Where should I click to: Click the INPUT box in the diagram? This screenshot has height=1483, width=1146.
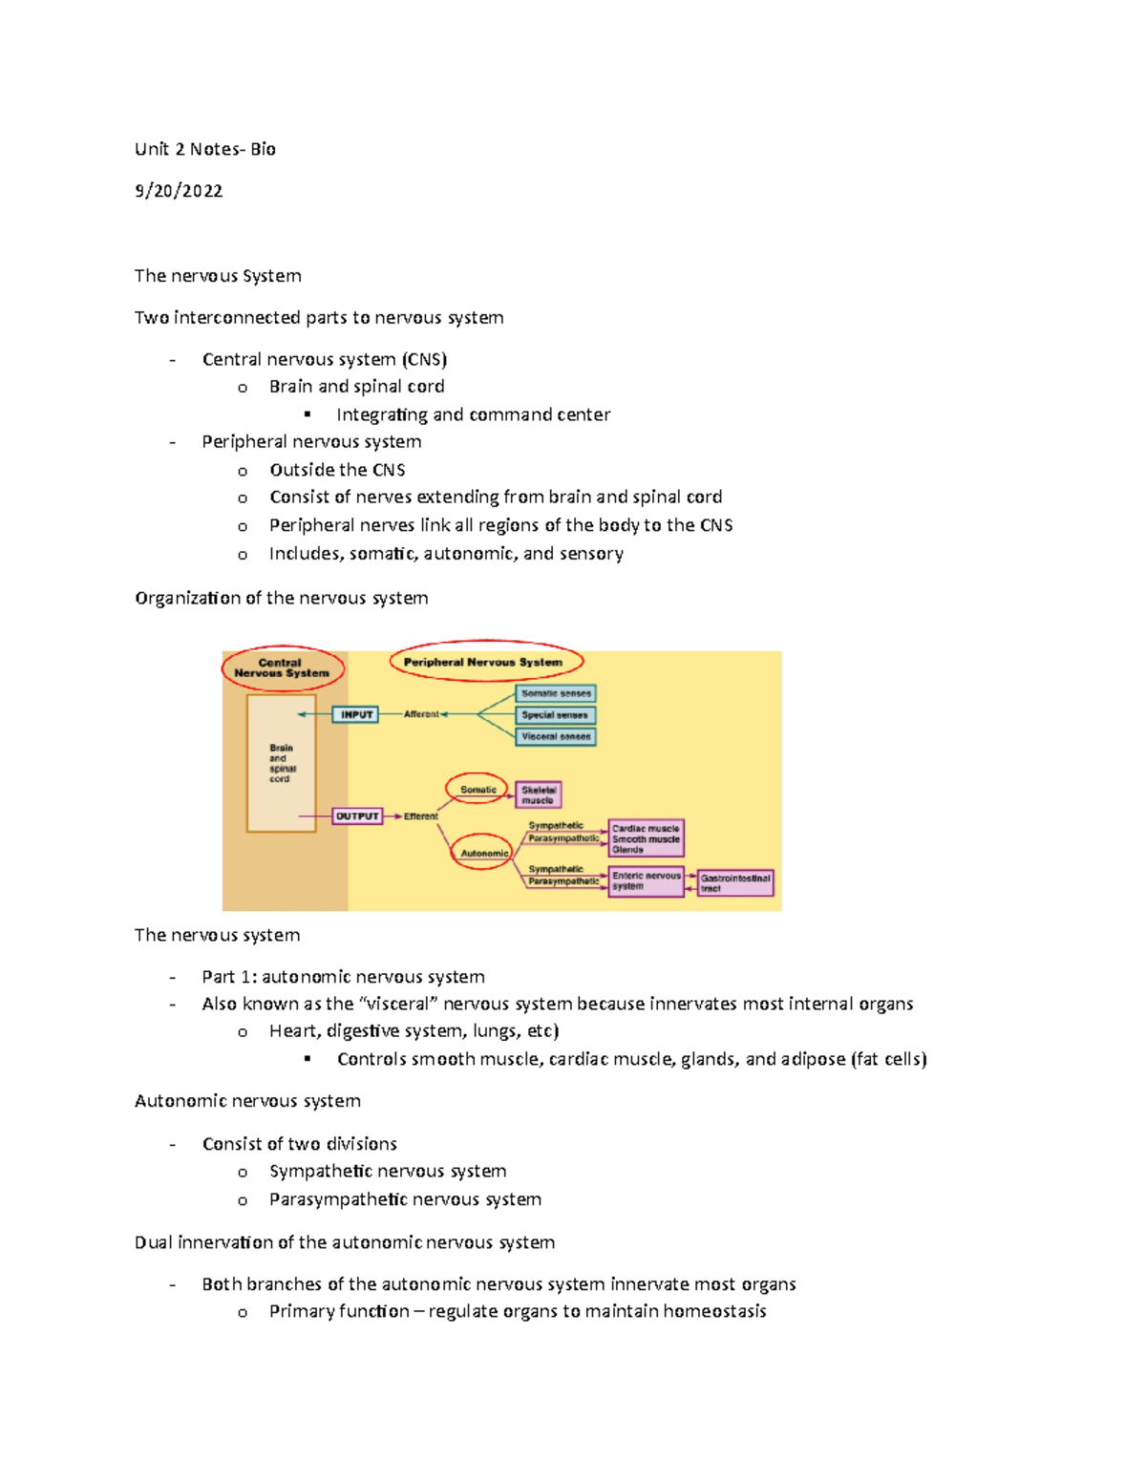355,714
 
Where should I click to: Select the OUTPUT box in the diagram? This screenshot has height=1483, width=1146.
357,816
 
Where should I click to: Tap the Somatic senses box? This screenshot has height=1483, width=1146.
556,693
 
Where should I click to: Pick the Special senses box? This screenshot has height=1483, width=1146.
556,715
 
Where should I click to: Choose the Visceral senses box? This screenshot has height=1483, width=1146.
556,736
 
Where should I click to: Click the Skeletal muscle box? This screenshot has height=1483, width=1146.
539,794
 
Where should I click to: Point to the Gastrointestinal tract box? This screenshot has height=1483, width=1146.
735,882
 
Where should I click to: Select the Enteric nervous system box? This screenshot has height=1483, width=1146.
647,880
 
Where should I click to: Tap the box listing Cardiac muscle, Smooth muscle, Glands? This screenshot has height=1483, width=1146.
647,838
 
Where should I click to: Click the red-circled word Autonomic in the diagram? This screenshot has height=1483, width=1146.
484,853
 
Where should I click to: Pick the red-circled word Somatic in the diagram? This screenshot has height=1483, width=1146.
477,790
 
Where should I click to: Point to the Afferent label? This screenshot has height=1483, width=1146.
421,714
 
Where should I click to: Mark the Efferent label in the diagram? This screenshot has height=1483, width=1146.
420,816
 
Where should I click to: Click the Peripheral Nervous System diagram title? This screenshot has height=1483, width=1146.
483,662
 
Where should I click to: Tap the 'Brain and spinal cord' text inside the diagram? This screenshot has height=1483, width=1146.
282,763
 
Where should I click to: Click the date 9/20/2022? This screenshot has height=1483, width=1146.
179,191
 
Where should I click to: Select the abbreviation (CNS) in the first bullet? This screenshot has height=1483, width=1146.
424,359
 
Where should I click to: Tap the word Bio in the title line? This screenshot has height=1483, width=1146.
264,149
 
